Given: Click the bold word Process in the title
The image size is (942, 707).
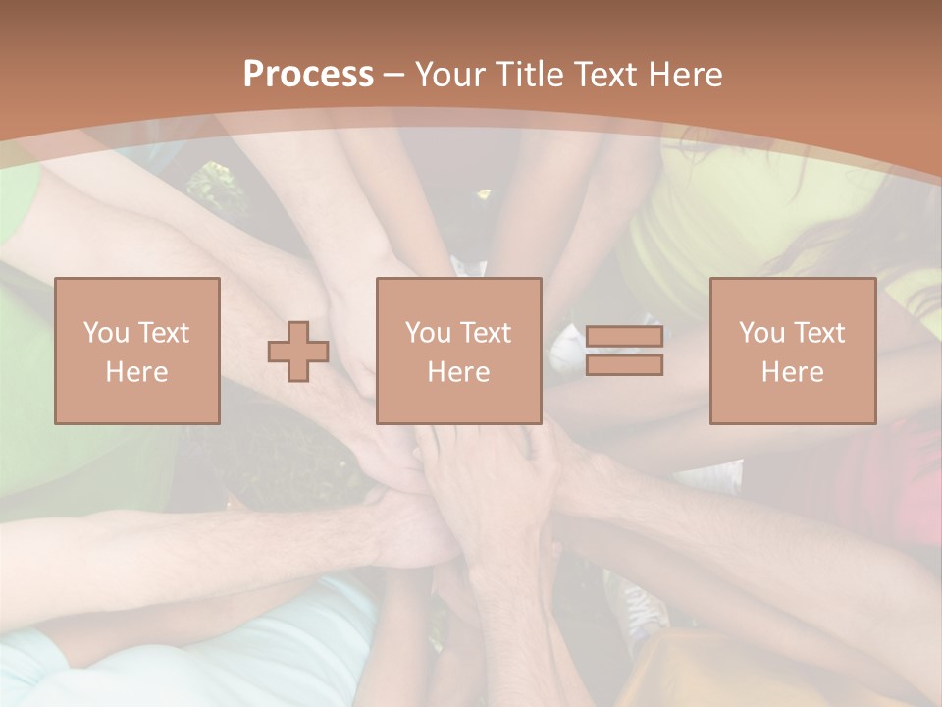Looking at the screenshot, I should (308, 75).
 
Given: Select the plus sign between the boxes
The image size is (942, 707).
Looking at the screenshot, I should (298, 352).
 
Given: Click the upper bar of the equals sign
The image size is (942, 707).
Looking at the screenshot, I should (624, 337).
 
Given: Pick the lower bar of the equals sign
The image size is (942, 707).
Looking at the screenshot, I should (624, 365).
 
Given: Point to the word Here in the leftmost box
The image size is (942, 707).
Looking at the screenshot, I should (137, 372).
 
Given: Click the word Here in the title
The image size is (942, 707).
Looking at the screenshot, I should (688, 75).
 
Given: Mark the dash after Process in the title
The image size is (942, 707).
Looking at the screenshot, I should (393, 75).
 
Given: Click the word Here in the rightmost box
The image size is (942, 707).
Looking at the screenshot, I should (793, 372).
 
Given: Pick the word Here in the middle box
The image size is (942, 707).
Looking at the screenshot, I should (459, 372).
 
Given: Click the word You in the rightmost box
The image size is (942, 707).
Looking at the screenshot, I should (762, 333).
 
